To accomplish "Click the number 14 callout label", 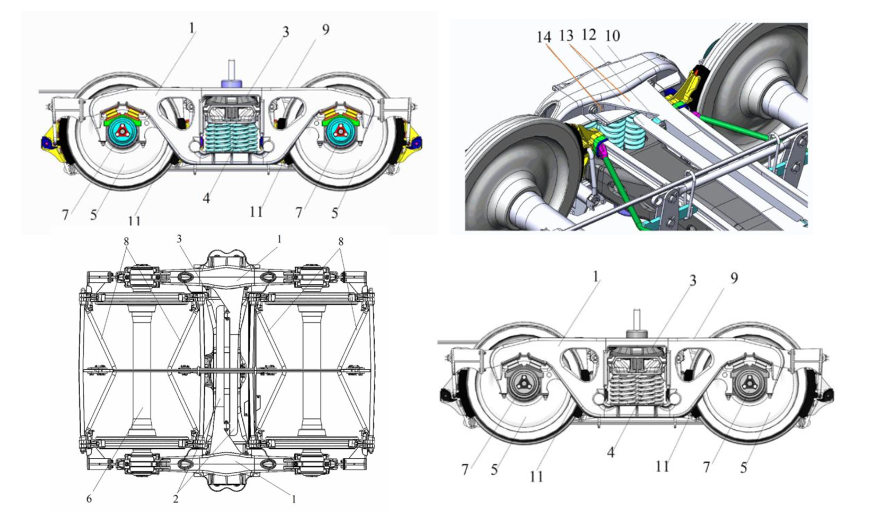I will coord(544,37).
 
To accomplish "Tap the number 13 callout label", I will coord(566,36).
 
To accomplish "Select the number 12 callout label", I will coord(589,34).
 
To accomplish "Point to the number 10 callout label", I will coord(612,36).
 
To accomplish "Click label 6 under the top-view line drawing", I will coord(89,498).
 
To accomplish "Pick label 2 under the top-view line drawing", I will coord(175,498).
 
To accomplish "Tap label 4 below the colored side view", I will coord(206,198).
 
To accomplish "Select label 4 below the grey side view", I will coord(611,452).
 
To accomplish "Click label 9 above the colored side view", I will coord(325,29).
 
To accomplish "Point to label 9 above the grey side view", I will coord(734,278).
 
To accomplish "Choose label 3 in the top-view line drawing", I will coord(179,239).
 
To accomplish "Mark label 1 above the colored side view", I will coord(191,27).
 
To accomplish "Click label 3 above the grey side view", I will coord(692,280).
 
